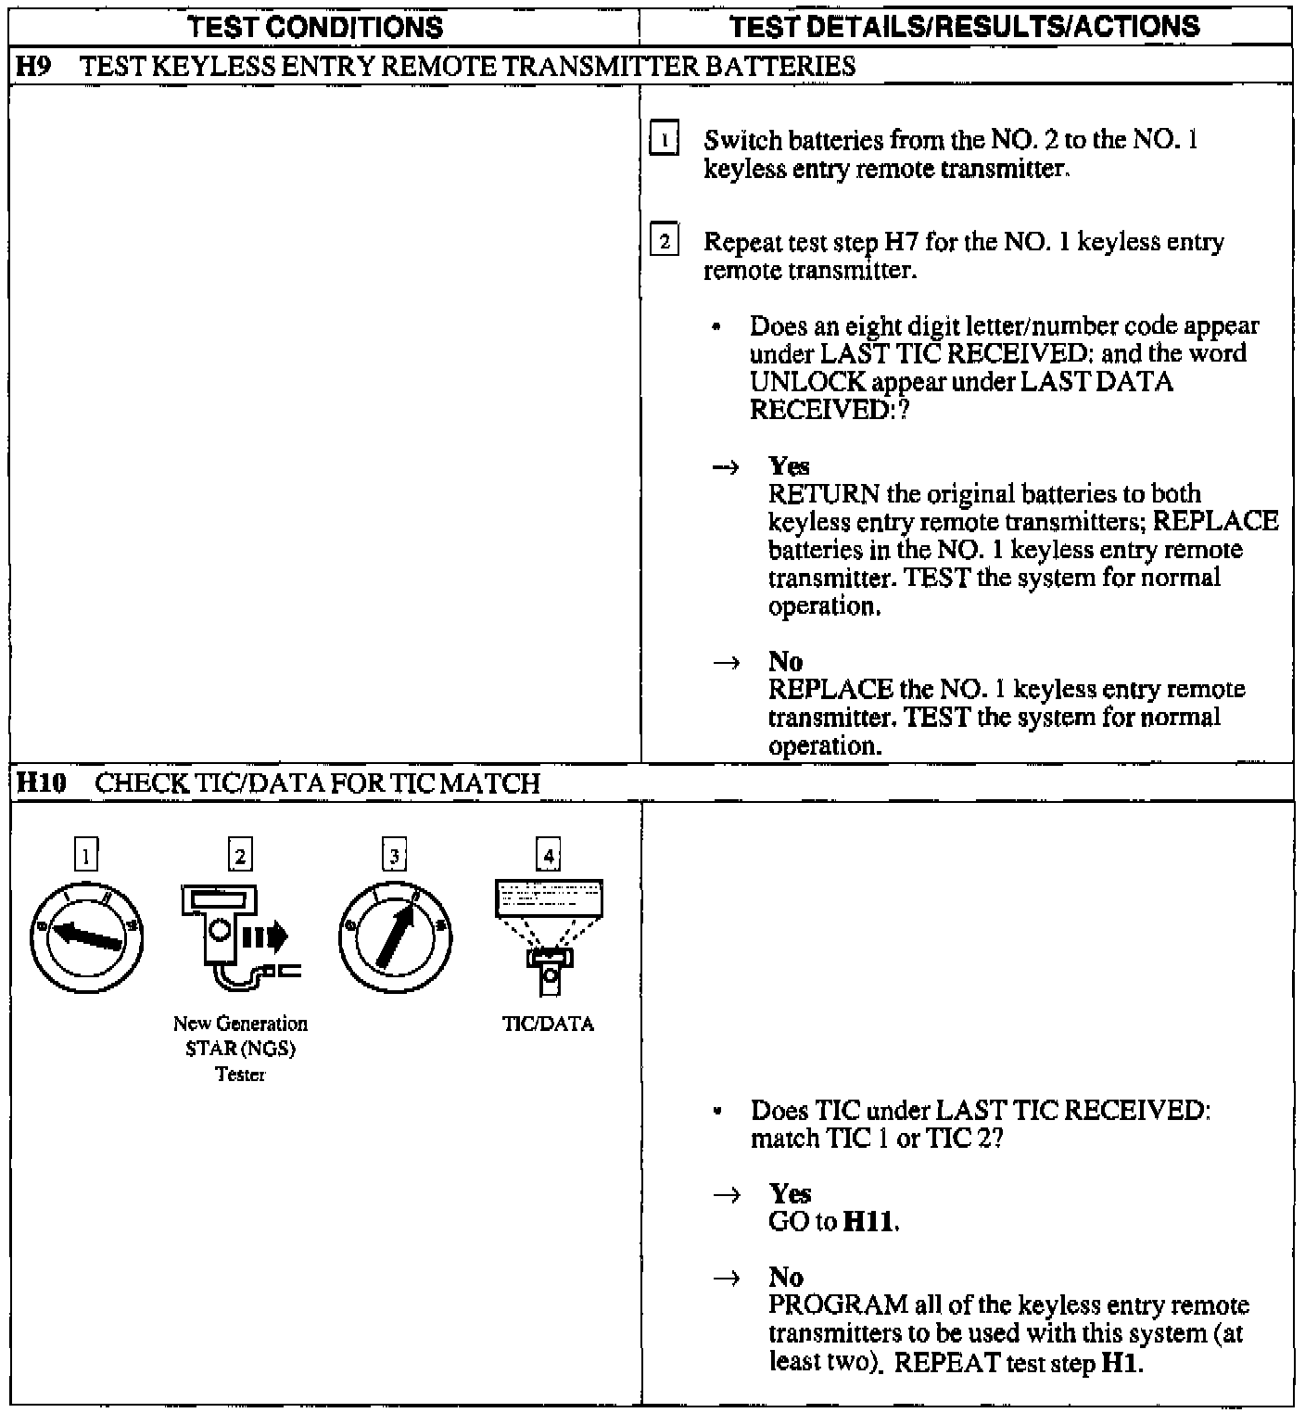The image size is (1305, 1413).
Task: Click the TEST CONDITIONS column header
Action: [x=315, y=26]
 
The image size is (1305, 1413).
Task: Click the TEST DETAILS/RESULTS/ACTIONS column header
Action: [x=964, y=26]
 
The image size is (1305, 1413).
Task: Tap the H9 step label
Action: [x=32, y=66]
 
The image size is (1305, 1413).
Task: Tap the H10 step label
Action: [x=42, y=783]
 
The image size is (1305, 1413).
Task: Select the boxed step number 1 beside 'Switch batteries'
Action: [x=664, y=142]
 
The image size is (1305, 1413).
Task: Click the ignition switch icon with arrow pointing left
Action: [x=86, y=938]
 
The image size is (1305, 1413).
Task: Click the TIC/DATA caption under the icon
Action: [x=548, y=1025]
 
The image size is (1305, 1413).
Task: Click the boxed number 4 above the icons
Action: [x=549, y=856]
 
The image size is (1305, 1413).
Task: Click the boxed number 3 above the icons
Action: [x=394, y=856]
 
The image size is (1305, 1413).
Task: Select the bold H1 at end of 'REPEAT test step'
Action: [x=1120, y=1364]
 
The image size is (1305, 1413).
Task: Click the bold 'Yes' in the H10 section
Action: [x=790, y=1193]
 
